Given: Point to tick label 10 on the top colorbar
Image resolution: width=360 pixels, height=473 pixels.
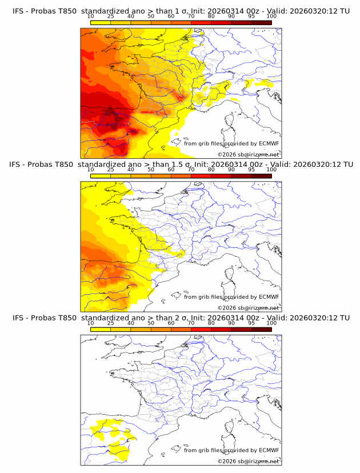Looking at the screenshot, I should (91, 17).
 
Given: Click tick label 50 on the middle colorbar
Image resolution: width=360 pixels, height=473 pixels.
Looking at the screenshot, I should (151, 170).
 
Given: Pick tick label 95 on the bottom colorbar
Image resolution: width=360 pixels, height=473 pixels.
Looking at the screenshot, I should (251, 323).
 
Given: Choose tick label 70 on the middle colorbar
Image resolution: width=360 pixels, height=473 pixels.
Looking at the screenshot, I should (191, 170).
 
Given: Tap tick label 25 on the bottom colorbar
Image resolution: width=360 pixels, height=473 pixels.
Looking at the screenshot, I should (111, 323).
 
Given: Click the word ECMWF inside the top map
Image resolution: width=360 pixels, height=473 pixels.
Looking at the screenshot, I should (269, 143).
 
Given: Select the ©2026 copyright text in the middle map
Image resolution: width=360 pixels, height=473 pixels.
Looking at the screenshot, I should (227, 307).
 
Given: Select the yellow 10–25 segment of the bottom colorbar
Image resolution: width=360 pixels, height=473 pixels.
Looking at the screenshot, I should (101, 329).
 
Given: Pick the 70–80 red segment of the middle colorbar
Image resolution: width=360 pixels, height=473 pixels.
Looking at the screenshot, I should (201, 176).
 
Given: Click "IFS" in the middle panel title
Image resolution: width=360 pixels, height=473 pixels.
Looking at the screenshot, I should (18, 165).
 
